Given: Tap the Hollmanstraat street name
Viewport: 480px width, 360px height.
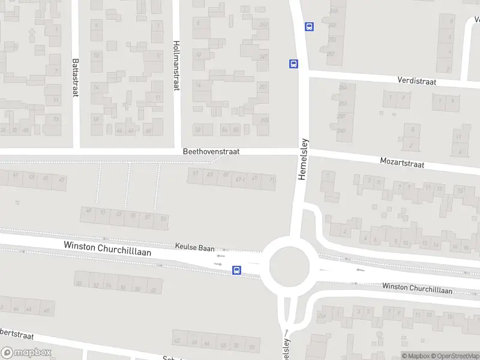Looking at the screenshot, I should point(176,65).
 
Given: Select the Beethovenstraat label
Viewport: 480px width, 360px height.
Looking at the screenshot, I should point(211,152).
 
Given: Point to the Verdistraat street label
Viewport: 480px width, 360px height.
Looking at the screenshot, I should point(416,80).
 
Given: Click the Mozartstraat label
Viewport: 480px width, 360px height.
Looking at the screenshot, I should point(402,163).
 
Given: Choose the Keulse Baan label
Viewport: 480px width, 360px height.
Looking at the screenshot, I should point(194,246).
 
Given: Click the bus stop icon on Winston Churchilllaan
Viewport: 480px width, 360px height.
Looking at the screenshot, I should point(237,271).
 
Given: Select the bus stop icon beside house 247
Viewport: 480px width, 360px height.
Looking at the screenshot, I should point(293,64).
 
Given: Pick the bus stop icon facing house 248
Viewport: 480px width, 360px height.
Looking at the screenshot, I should point(309,26).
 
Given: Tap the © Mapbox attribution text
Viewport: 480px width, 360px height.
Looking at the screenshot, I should point(417,356).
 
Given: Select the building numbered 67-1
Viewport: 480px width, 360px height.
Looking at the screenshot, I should point(241,178).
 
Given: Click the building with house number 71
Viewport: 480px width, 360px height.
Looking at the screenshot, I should point(272,179).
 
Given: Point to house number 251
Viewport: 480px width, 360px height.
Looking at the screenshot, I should point(262,86).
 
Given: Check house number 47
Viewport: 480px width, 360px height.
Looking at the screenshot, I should point(61,179).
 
